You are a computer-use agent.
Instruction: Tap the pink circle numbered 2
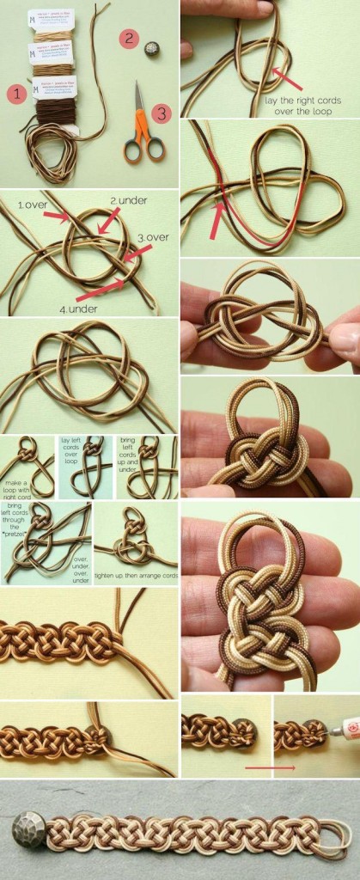(x=129, y=38)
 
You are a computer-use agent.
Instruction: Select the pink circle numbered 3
(x=161, y=112)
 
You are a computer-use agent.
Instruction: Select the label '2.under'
(x=128, y=200)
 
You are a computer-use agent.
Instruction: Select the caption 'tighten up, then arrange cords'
(x=136, y=575)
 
